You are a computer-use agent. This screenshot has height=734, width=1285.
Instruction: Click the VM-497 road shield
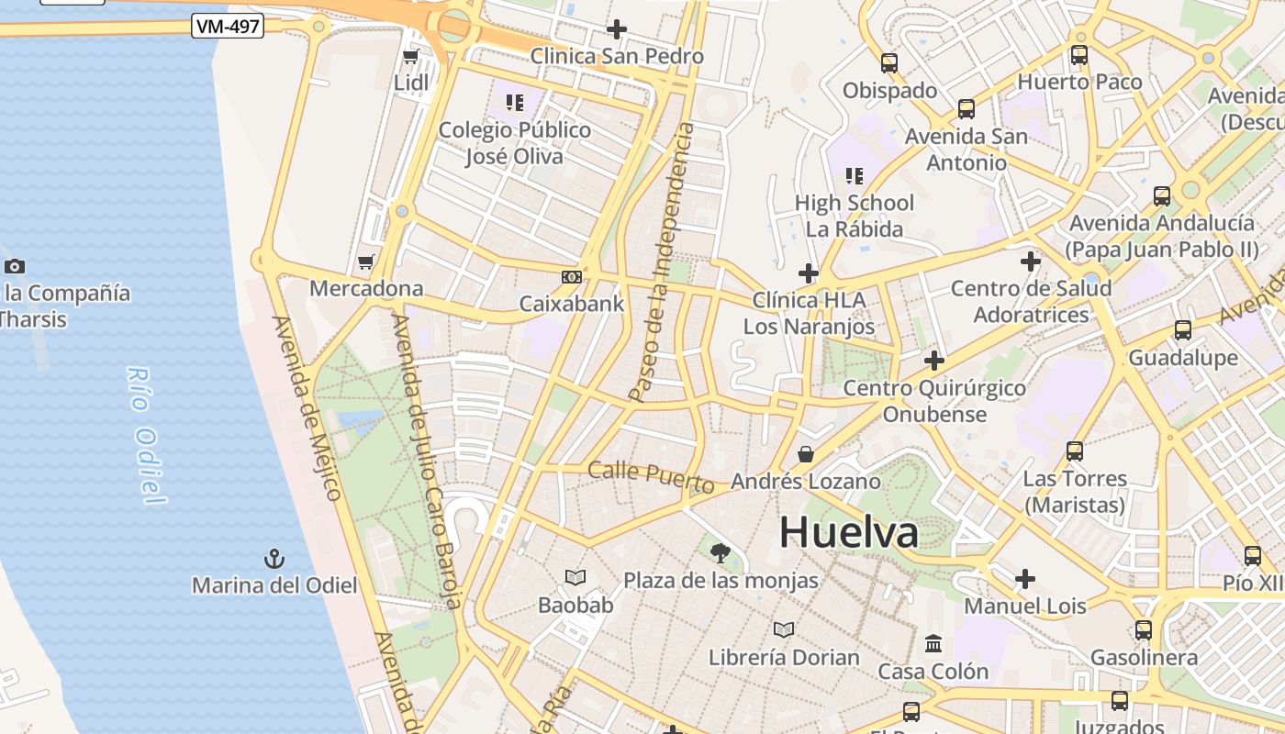pyautogui.click(x=228, y=27)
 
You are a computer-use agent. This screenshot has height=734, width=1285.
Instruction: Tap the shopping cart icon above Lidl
pyautogui.click(x=410, y=57)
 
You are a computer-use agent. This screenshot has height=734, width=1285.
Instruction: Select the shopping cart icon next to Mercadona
pyautogui.click(x=365, y=262)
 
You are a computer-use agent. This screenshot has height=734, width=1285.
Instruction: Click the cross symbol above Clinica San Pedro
pyautogui.click(x=617, y=30)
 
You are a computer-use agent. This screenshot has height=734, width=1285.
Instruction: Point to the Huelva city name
pyautogui.click(x=848, y=533)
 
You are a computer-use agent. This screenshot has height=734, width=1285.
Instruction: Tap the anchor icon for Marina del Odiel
pyautogui.click(x=274, y=559)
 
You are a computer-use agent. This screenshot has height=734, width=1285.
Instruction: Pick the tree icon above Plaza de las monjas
pyautogui.click(x=721, y=552)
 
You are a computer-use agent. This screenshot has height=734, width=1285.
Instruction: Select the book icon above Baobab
pyautogui.click(x=575, y=578)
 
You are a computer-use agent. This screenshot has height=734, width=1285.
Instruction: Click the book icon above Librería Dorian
pyautogui.click(x=784, y=630)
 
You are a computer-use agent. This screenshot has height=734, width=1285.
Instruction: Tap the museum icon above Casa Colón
pyautogui.click(x=933, y=643)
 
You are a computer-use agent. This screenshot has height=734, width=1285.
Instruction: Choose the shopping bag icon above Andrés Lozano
pyautogui.click(x=805, y=453)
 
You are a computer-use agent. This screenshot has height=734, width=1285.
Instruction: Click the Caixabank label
pyautogui.click(x=572, y=304)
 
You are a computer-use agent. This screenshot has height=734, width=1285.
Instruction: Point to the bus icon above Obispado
pyautogui.click(x=888, y=63)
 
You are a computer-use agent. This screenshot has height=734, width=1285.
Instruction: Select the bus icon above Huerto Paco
pyautogui.click(x=1079, y=55)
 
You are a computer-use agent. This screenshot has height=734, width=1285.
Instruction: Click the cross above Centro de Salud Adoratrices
pyautogui.click(x=1031, y=261)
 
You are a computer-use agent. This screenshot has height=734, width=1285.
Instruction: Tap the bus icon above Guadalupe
pyautogui.click(x=1183, y=330)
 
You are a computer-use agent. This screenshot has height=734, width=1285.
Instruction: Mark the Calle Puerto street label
pyautogui.click(x=651, y=476)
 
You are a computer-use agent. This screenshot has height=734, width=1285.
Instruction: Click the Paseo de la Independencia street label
pyautogui.click(x=662, y=262)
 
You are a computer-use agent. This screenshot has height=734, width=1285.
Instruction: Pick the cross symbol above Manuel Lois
pyautogui.click(x=1025, y=579)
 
